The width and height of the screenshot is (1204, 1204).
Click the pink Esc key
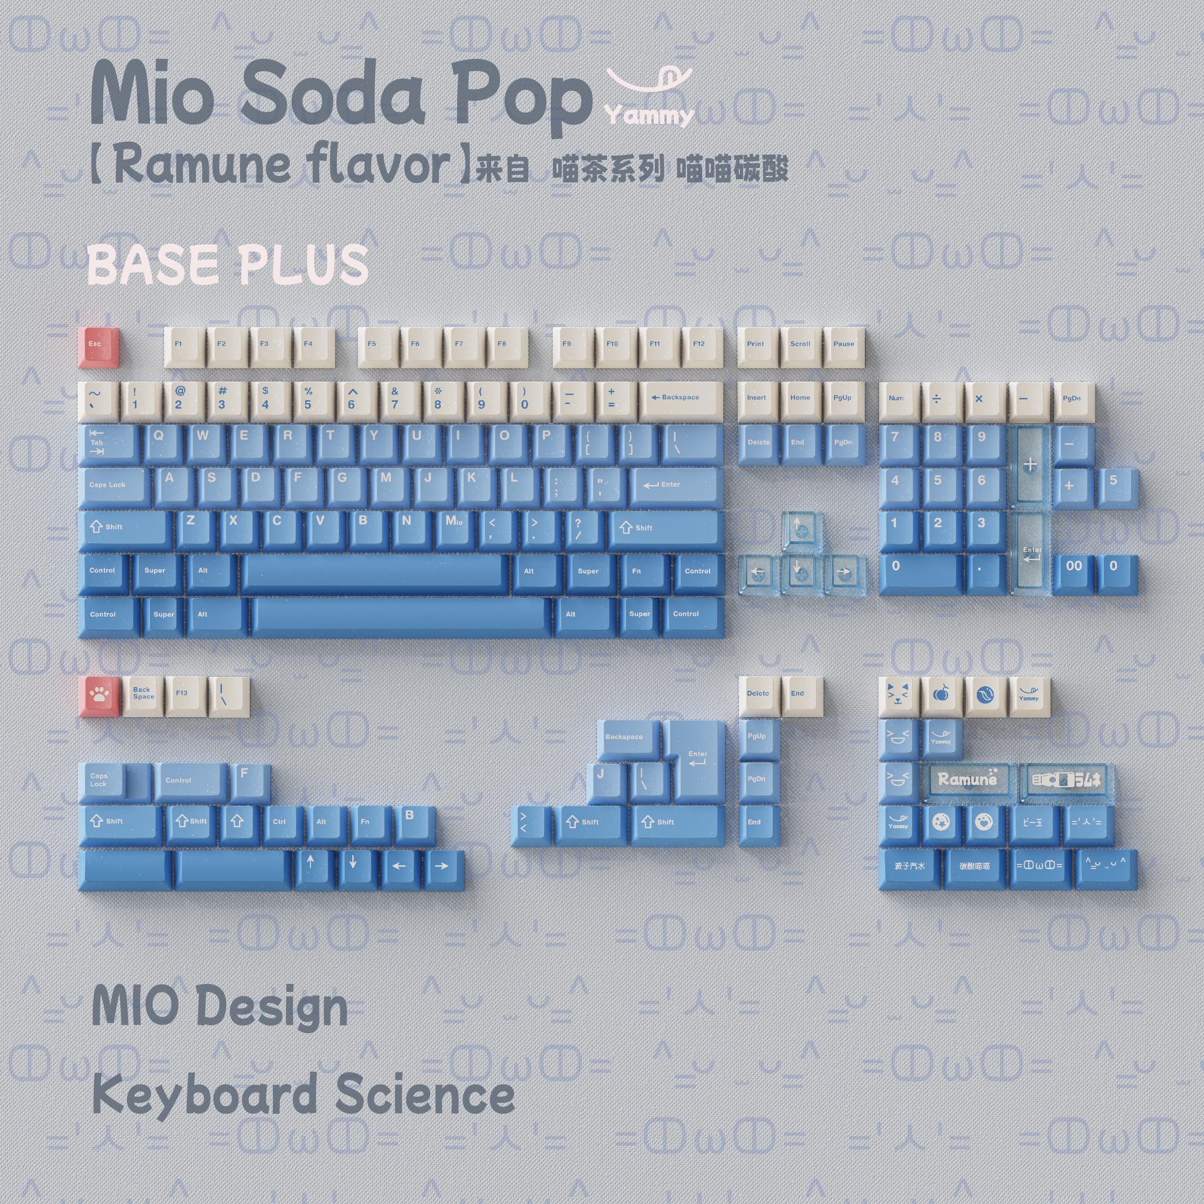98,345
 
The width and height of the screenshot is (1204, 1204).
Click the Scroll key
800,346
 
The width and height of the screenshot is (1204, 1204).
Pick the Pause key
844,346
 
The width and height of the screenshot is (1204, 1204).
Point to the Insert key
757,400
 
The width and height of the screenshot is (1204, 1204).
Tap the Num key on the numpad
898,400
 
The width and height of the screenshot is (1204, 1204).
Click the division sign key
941,400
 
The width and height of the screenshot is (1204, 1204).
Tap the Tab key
107,444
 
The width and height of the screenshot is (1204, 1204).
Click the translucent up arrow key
801,531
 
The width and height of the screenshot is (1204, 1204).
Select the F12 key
700,346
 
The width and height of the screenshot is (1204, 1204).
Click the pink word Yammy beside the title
648,116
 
